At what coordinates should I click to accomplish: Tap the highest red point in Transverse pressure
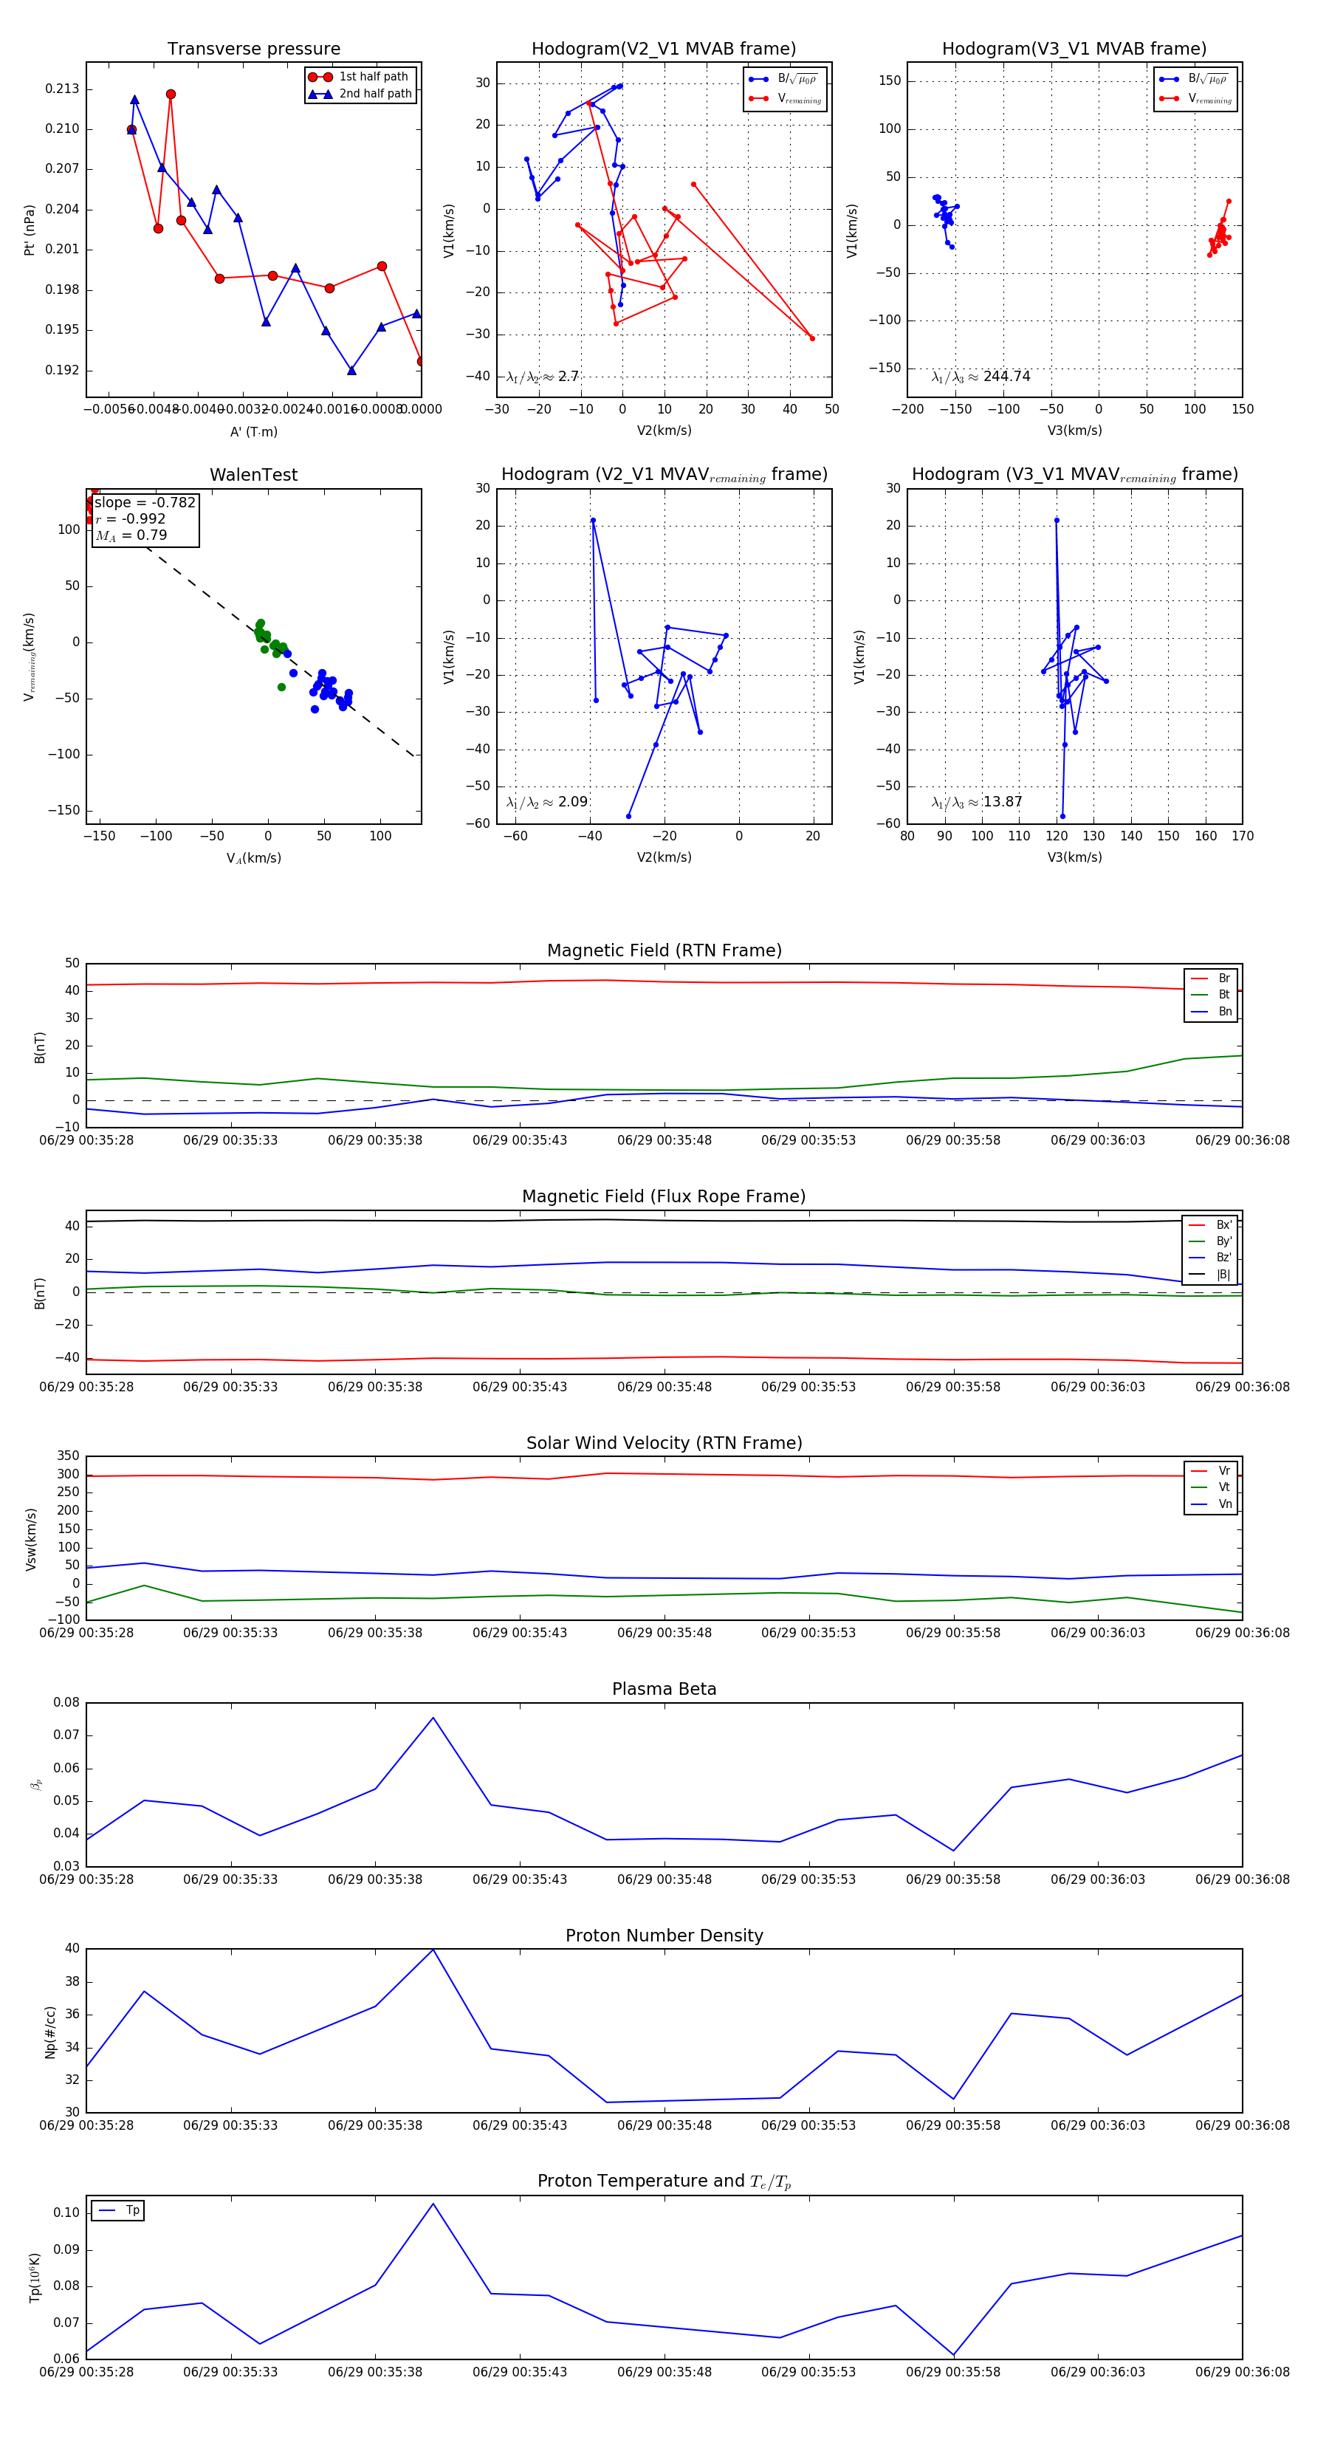pyautogui.click(x=171, y=95)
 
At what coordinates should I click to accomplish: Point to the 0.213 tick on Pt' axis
pyautogui.click(x=61, y=89)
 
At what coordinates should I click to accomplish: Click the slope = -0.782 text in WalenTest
pyautogui.click(x=145, y=502)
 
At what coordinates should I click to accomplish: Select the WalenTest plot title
pyautogui.click(x=253, y=475)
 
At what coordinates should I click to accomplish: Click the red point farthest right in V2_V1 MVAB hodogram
pyautogui.click(x=811, y=337)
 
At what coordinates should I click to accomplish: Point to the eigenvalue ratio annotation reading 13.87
pyautogui.click(x=977, y=802)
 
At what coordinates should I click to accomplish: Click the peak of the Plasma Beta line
pyautogui.click(x=433, y=1717)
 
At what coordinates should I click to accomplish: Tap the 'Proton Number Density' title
pyautogui.click(x=664, y=1935)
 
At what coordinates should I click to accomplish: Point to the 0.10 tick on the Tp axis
pyautogui.click(x=66, y=2212)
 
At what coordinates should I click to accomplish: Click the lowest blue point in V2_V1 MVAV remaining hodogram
pyautogui.click(x=628, y=815)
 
